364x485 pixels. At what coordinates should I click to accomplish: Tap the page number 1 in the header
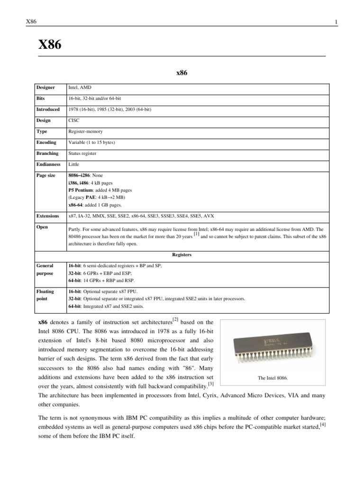point(336,22)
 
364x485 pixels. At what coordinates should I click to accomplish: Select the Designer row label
point(46,88)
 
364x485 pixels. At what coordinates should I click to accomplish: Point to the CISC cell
point(74,120)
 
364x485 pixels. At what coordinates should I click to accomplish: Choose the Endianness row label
point(48,164)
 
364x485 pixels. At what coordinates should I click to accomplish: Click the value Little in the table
point(74,164)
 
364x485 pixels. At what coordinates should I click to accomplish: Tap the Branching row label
point(47,153)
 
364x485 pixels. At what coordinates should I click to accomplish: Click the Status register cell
point(83,153)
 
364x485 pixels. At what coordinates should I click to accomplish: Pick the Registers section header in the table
point(182,254)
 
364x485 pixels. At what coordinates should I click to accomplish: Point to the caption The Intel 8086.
point(273,378)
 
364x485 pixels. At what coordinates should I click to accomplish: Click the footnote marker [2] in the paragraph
point(175,320)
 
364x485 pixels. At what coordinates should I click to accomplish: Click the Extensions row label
point(48,216)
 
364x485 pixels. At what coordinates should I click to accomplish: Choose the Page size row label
point(46,175)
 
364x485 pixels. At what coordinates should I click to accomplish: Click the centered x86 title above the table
point(182,73)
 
